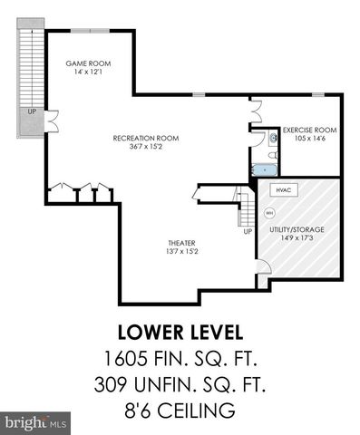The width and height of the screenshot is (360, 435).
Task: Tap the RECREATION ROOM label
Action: pos(145,138)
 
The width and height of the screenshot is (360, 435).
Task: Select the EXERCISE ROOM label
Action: pos(308,130)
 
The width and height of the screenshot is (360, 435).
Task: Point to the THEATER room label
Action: pos(182,243)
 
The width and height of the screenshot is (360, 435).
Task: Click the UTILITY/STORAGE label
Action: pos(297,229)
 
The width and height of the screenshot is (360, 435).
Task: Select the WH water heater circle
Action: pos(268,213)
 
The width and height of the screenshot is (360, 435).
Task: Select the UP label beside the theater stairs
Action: pos(247,232)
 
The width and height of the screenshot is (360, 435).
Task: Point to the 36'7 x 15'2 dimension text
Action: pos(145,147)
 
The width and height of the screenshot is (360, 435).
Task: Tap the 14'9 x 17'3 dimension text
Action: pos(297,238)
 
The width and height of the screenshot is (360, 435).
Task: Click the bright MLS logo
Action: pos(34,423)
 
